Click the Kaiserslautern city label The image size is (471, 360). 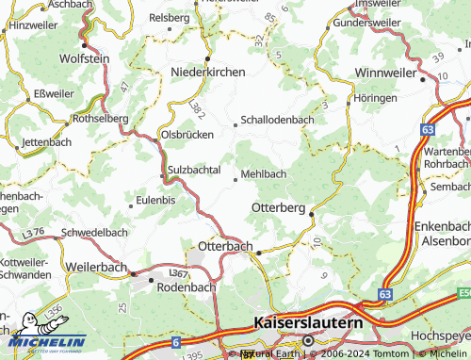tap(308, 323)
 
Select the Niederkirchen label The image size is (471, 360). tap(207, 72)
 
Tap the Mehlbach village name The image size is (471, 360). tap(264, 174)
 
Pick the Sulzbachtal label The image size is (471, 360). tap(193, 170)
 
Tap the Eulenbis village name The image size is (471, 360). tap(156, 200)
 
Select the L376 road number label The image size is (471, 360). tap(34, 231)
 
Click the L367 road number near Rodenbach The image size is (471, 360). tap(177, 272)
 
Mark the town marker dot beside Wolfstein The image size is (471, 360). tap(85, 44)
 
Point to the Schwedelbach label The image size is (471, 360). tap(93, 232)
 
